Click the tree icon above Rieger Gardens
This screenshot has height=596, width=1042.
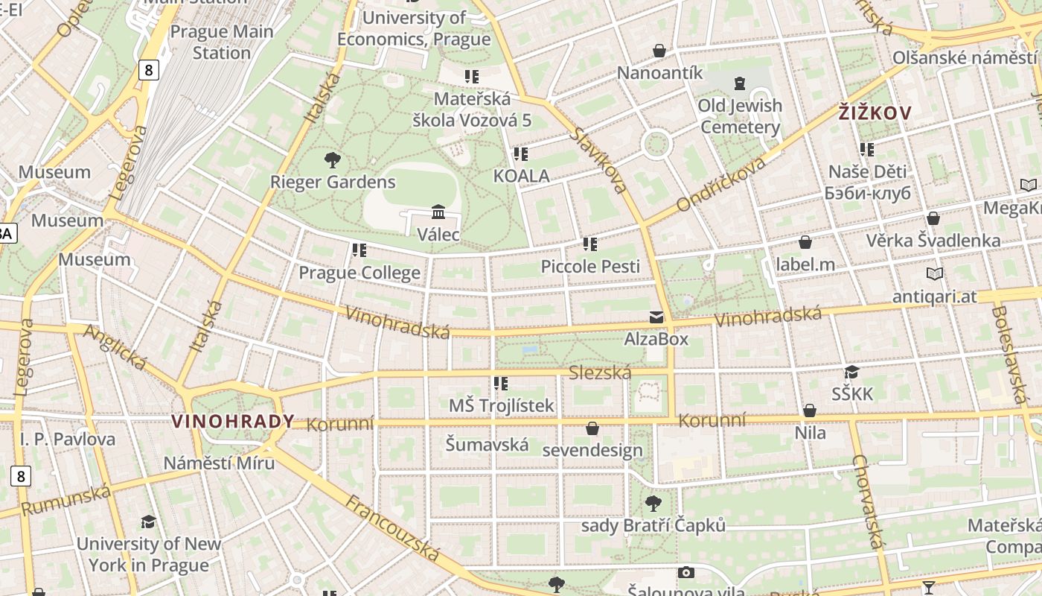pos(332,159)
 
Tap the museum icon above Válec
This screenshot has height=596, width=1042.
pos(438,212)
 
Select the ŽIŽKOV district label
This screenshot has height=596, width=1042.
pos(875,113)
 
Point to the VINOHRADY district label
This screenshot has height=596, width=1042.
pos(233,422)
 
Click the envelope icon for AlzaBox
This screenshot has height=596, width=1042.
pos(656,317)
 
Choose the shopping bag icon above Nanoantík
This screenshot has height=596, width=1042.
pos(659,51)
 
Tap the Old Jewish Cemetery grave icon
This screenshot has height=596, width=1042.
pos(739,83)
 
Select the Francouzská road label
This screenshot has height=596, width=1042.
pos(392,528)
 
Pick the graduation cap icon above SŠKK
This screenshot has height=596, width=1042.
pos(851,372)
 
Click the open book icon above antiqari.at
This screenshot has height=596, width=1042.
pos(934,274)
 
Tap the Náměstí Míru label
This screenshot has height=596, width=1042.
pos(220,463)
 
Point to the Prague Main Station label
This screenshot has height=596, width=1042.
pos(222,42)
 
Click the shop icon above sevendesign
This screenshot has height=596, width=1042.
pos(592,428)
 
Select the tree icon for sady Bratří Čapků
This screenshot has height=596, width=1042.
pos(653,504)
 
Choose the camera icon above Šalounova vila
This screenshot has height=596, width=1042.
pos(685,572)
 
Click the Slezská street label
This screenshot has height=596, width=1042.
pos(599,373)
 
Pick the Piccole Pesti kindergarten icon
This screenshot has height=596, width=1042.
pos(589,244)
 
